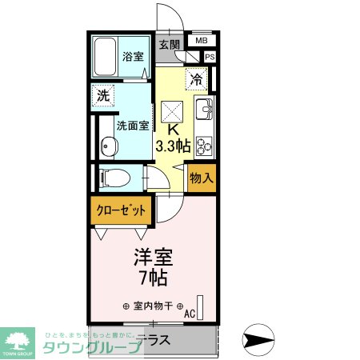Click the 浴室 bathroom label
click(x=132, y=58)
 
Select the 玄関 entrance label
click(x=169, y=45)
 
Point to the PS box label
click(x=210, y=57)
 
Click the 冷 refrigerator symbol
click(x=196, y=78)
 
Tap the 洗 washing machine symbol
click(x=103, y=94)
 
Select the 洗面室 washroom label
click(x=130, y=126)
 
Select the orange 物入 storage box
click(x=201, y=178)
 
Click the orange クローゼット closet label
click(x=121, y=211)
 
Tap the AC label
click(x=190, y=314)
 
